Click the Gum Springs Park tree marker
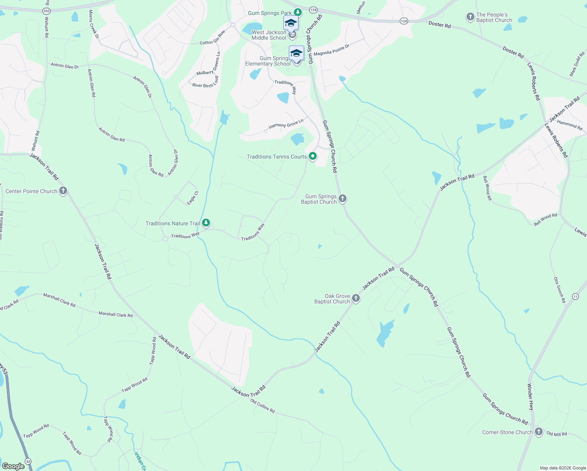298,12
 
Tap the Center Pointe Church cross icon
63,191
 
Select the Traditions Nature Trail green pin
206,223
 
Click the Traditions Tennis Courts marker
313,157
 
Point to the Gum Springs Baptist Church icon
343,199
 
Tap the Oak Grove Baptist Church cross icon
356,298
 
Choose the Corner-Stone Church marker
539,432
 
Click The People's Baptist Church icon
470,17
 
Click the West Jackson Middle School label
269,35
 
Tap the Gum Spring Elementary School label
268,61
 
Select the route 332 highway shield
47,11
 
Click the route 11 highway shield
575,296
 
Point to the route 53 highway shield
28,461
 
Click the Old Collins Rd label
263,406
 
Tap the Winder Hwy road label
530,397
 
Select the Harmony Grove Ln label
286,124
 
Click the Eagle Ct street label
193,198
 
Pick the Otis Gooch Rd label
559,290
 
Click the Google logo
13,466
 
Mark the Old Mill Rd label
557,434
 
